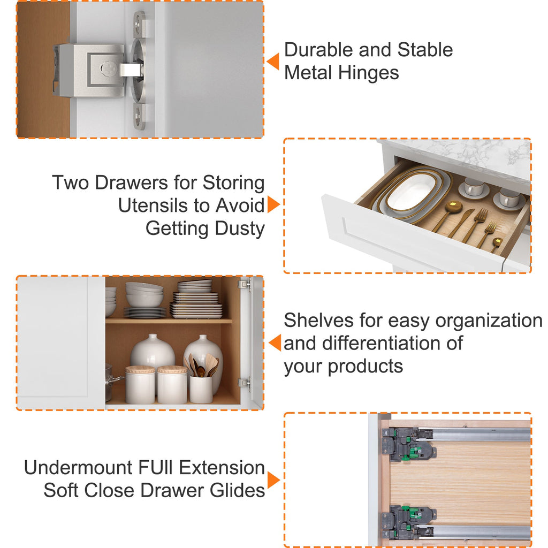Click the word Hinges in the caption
(368, 73)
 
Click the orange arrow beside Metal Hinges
(273, 62)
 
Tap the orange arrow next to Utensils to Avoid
(273, 204)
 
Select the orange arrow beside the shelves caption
(275, 342)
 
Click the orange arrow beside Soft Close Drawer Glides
(273, 480)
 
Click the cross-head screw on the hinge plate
(108, 68)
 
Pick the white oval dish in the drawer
(413, 192)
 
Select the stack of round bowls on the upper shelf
(144, 295)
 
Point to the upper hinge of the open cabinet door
(245, 284)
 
